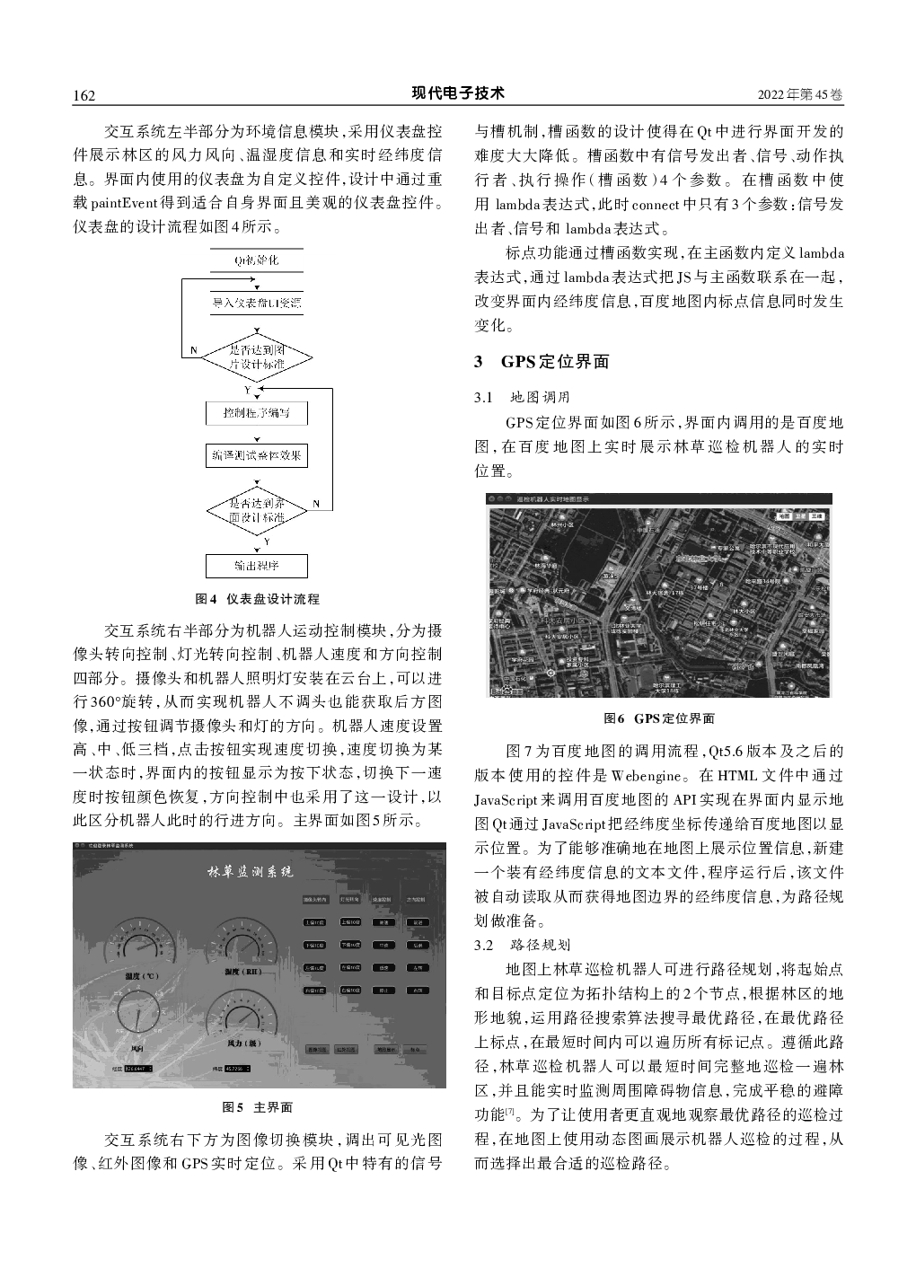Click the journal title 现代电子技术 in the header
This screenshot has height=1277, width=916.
click(458, 93)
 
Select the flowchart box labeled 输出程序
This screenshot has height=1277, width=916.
click(257, 566)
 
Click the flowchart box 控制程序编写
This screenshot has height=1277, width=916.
click(257, 413)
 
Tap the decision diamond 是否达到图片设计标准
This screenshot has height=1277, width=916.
click(257, 357)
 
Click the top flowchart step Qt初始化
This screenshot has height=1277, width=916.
click(257, 260)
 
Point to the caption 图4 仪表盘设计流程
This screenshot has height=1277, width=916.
click(257, 599)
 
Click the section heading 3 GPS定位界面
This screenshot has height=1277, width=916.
click(542, 362)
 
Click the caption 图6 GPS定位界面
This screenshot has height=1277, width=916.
click(659, 718)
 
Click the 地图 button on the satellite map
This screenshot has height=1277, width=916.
click(784, 517)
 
